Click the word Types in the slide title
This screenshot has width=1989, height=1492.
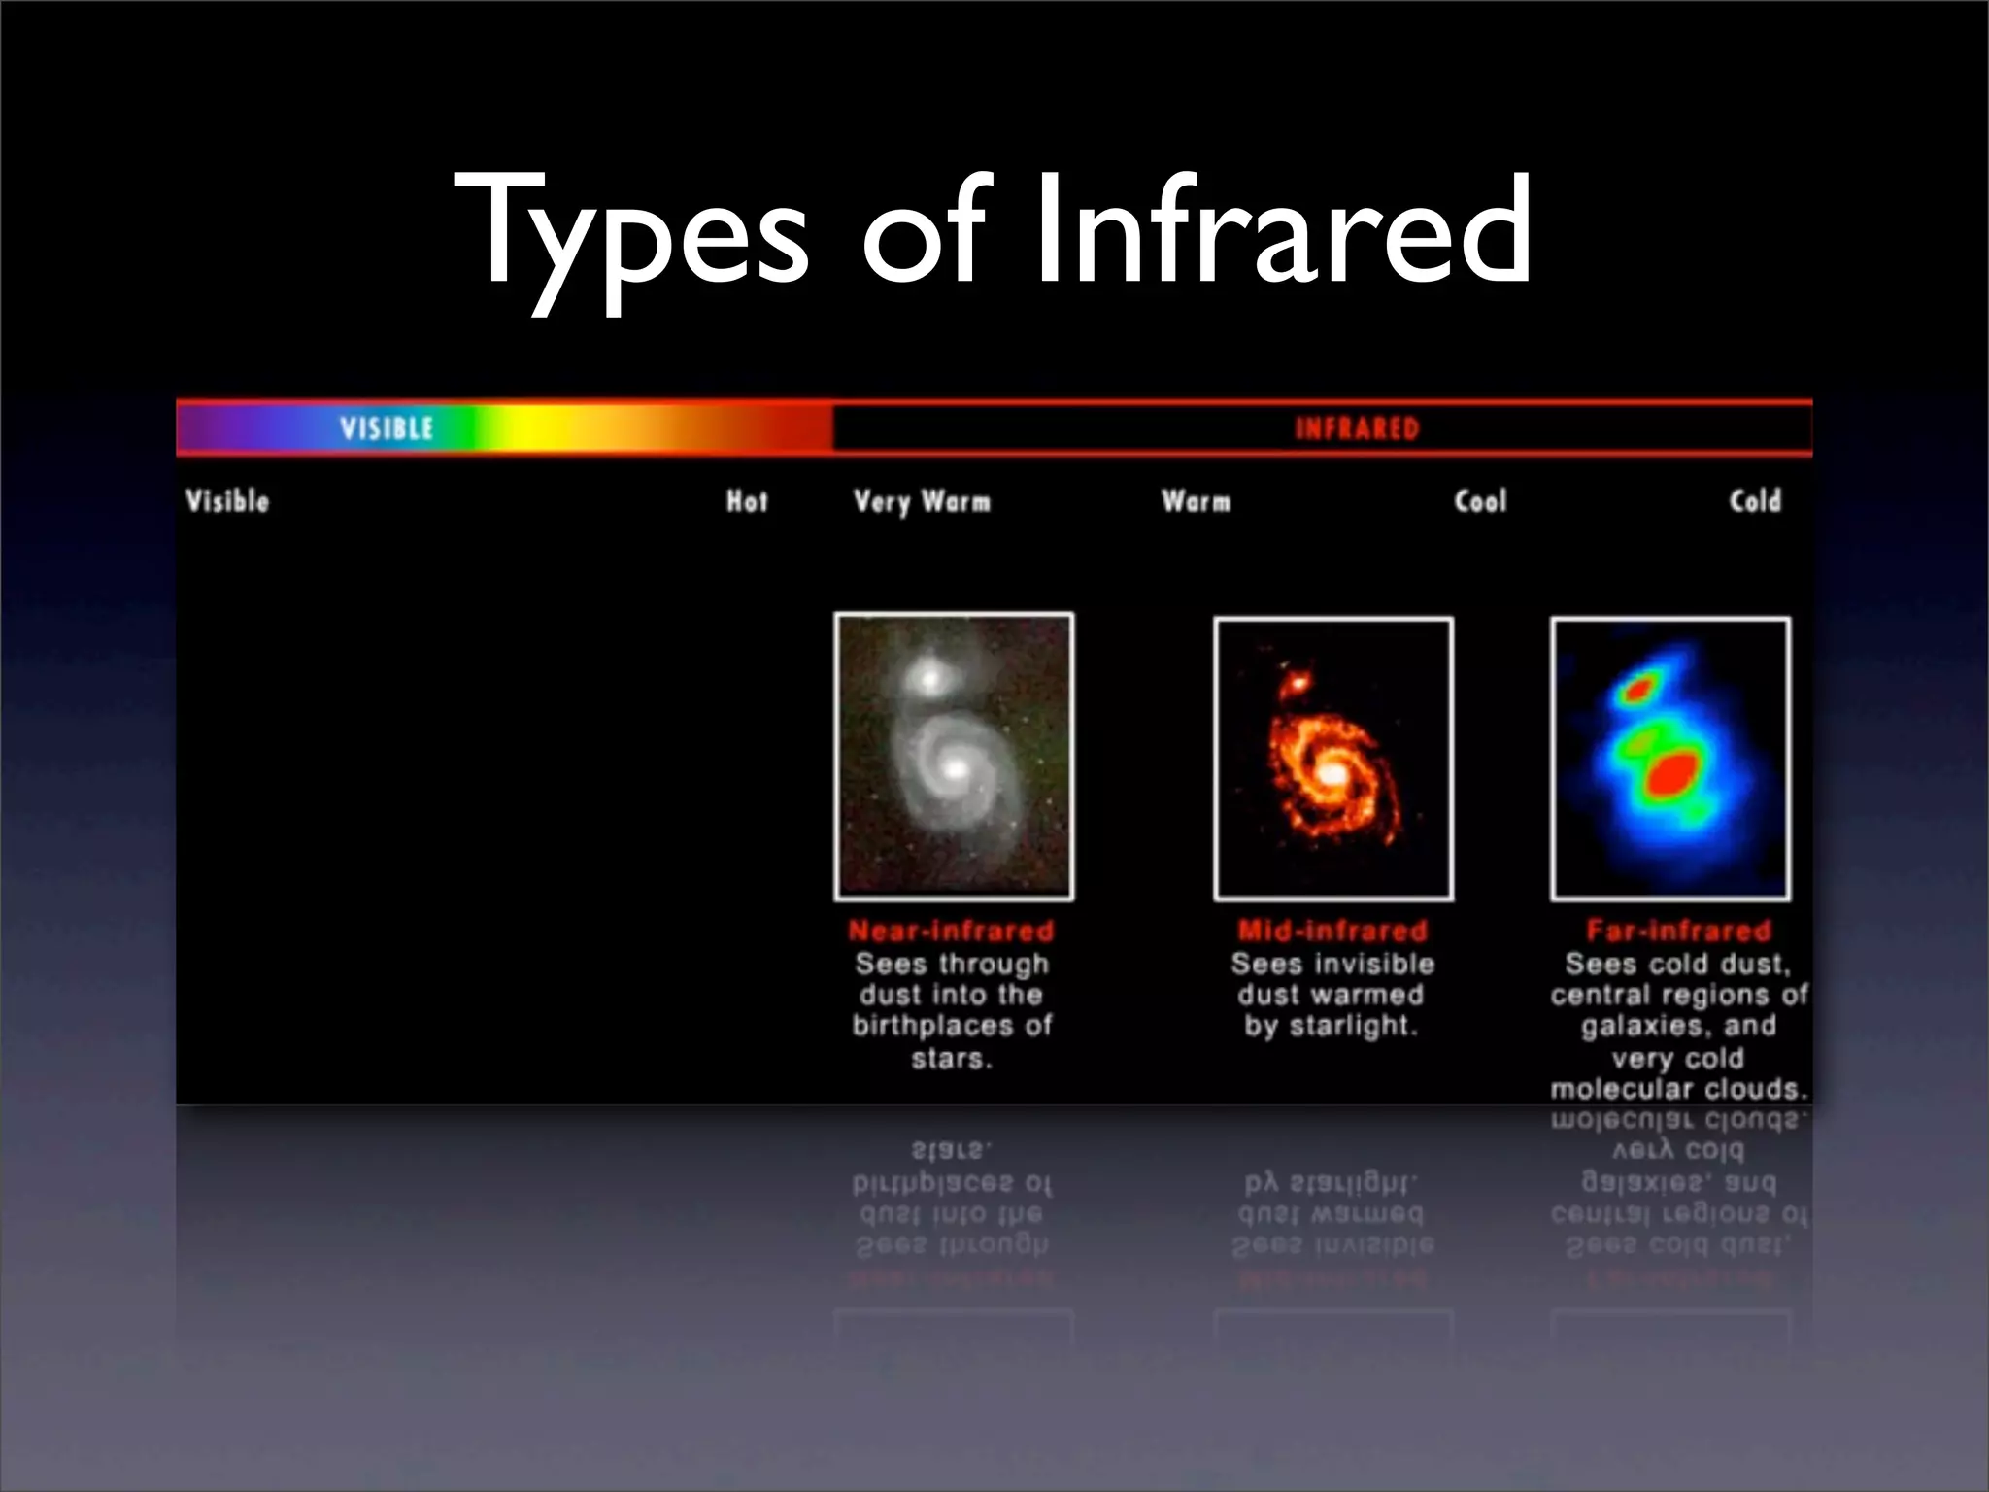pos(631,233)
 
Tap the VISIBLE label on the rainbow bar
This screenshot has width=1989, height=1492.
pos(387,428)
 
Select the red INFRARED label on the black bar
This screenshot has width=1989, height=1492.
pos(1357,428)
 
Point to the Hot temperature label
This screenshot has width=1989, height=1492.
pos(747,501)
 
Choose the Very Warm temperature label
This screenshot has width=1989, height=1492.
pos(922,501)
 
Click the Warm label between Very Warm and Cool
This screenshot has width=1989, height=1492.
pos(1196,501)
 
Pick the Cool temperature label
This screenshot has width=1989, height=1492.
pos(1480,501)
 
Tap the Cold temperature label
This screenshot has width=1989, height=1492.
pos(1755,501)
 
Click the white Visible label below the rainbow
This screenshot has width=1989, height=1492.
pos(227,501)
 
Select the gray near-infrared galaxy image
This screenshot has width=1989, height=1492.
pos(954,756)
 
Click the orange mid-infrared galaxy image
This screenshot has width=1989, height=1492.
pos(1333,758)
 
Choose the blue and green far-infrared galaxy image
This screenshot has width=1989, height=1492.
pos(1670,758)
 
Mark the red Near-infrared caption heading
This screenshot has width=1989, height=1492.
pos(951,931)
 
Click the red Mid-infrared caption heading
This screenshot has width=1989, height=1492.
pos(1332,931)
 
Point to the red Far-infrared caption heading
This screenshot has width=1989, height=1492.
pos(1678,931)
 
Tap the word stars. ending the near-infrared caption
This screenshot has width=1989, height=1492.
pos(952,1058)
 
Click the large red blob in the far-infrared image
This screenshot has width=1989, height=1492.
pos(1672,774)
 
